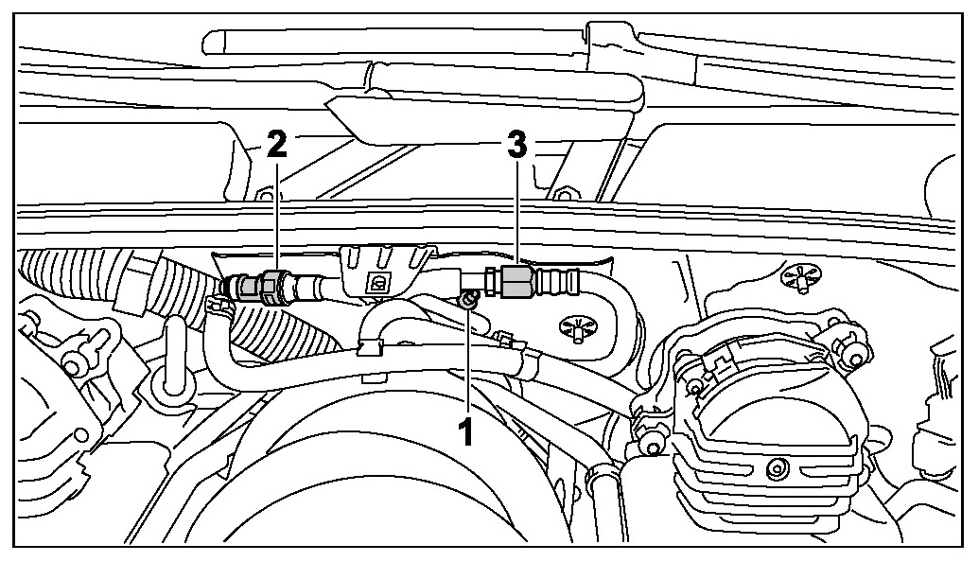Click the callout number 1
[x=464, y=432]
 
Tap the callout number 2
[x=276, y=146]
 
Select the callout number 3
[x=516, y=146]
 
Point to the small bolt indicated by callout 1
[x=467, y=301]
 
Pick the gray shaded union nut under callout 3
[x=516, y=281]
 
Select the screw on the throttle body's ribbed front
[x=777, y=466]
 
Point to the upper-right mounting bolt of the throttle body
[x=856, y=356]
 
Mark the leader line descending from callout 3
[x=516, y=208]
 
